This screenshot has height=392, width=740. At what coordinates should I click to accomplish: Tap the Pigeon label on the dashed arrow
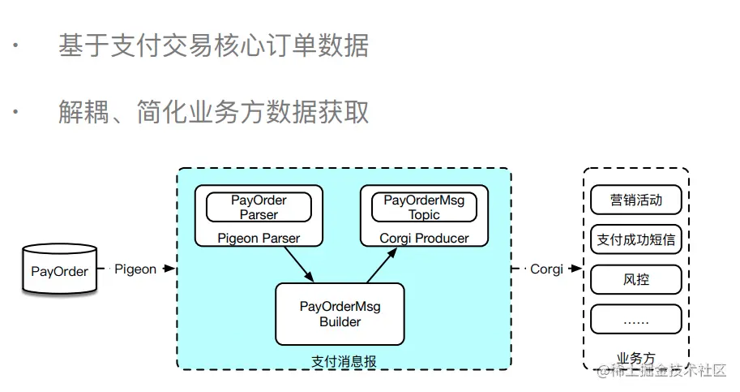tap(135, 269)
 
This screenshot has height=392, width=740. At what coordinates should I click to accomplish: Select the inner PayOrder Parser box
tap(259, 207)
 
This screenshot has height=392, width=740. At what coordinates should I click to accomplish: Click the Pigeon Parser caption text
tap(259, 238)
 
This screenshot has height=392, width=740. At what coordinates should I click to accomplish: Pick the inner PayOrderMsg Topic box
tap(424, 207)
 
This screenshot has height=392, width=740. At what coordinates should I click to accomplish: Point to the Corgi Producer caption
tap(424, 238)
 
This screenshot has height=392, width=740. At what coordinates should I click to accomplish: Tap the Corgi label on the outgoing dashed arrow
tap(546, 269)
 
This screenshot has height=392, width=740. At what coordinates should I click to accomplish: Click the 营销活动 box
tap(636, 200)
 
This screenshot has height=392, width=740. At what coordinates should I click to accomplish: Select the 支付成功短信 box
tap(636, 239)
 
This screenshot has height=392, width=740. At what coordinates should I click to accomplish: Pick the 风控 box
tap(636, 280)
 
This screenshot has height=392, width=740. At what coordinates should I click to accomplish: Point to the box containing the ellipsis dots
tap(636, 320)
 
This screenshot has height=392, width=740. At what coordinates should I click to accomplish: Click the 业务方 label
tap(635, 357)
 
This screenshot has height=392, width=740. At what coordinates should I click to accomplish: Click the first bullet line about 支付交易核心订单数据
tap(213, 45)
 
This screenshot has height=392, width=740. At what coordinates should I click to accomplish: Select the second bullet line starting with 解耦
tap(213, 111)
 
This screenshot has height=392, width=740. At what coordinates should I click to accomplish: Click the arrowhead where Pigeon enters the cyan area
tap(170, 269)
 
